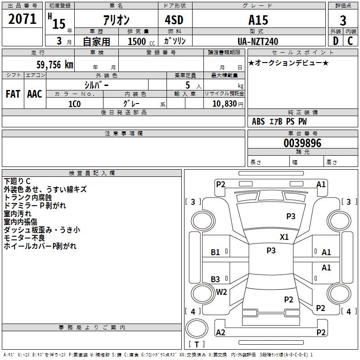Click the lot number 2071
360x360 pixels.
pyautogui.click(x=22, y=19)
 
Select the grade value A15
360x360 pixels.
pyautogui.click(x=258, y=20)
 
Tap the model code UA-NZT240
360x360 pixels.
pyautogui.click(x=258, y=41)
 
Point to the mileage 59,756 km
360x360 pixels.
pyautogui.click(x=55, y=65)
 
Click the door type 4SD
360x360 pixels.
pyautogui.click(x=174, y=20)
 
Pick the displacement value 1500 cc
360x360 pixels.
pyautogui.click(x=141, y=41)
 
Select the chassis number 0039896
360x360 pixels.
pyautogui.click(x=302, y=143)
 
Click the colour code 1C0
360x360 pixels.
pyautogui.click(x=75, y=104)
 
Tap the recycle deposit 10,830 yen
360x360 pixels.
pyautogui.click(x=228, y=104)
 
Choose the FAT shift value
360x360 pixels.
pyautogui.click(x=13, y=94)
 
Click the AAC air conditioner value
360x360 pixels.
pyautogui.click(x=35, y=94)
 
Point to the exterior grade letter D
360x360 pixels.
pyautogui.click(x=336, y=41)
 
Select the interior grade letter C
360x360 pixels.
pyautogui.click(x=350, y=41)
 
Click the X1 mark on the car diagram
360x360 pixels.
pyautogui.click(x=284, y=237)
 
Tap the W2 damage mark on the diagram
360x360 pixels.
pyautogui.click(x=221, y=292)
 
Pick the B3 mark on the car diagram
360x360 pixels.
pyautogui.click(x=216, y=279)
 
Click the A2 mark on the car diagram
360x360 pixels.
pyautogui.click(x=220, y=332)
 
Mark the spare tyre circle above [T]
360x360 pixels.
pyautogui.click(x=197, y=328)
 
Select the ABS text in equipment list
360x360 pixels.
pyautogui.click(x=258, y=121)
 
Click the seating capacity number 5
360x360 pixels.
pyautogui.click(x=188, y=85)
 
